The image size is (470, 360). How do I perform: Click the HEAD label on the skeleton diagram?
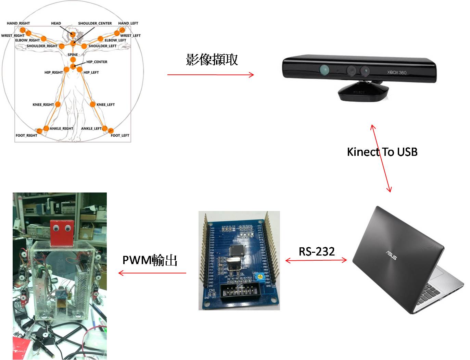[56, 23]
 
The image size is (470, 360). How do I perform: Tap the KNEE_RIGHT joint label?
[43, 104]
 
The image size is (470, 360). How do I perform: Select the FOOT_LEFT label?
[120, 135]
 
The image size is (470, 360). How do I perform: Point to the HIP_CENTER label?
[97, 62]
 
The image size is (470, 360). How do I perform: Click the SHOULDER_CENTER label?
[95, 23]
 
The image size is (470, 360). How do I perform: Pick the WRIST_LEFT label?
[130, 35]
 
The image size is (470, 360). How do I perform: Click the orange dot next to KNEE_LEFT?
[92, 104]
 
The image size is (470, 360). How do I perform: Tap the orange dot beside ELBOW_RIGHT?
[43, 38]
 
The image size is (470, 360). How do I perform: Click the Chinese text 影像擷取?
[212, 60]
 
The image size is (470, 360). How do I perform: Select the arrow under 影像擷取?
[211, 75]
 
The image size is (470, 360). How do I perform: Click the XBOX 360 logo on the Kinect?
[397, 72]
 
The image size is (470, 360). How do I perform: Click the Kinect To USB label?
[382, 152]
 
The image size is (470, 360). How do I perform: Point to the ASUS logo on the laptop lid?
[391, 255]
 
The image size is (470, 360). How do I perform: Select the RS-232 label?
[317, 251]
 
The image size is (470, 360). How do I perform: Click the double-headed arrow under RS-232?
[316, 261]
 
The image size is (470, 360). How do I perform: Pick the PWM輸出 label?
[150, 260]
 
